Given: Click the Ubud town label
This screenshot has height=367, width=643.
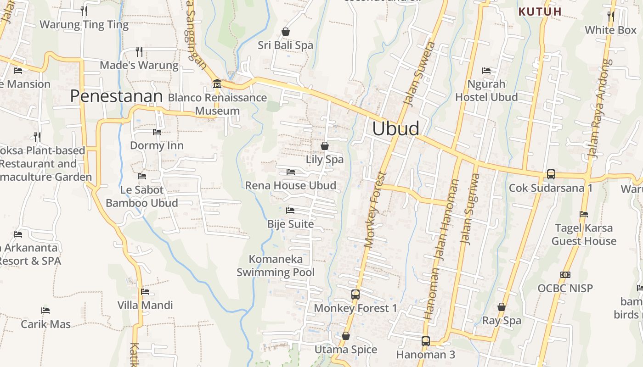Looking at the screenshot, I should coord(395,128).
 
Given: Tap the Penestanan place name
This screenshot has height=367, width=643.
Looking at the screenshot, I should coord(117,96).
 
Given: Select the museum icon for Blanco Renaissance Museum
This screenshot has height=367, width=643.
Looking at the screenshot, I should coord(217,84).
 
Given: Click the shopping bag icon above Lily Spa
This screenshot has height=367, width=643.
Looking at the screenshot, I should coord(325,146).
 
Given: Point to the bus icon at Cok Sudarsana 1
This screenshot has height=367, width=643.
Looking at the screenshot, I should coord(551,174).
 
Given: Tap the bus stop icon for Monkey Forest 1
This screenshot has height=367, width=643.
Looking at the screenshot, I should coord(355,295).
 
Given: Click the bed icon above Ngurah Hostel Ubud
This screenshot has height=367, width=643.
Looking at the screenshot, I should coord(486,71).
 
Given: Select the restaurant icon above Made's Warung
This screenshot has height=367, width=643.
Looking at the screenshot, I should coord(139,51).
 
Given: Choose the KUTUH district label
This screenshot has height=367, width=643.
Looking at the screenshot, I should coord(540,12).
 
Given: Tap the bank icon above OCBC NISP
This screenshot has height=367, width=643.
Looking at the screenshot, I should coord(565,275).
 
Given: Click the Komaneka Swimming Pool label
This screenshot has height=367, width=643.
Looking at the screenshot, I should coord(276,266).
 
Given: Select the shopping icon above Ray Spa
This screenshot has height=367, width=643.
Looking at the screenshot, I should coord(502,307).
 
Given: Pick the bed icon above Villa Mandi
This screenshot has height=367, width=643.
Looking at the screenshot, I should coord(145,291).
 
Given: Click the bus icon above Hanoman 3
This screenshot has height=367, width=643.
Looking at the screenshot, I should coord(426,341).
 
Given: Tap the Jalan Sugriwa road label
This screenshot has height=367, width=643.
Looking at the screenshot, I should coord(470,209).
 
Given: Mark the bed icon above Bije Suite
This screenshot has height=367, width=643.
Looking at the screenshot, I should coord(290,211).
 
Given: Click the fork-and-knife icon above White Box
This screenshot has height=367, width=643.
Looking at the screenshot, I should coord(611,16).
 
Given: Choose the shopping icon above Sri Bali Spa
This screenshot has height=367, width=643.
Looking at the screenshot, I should coord(286,32).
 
